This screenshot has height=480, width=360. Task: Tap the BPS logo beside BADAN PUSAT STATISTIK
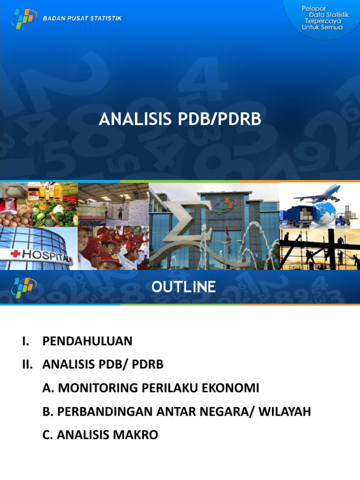pos(24,18)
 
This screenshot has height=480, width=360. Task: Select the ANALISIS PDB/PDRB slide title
pos(180,120)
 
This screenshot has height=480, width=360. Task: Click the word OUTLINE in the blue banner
pos(183,286)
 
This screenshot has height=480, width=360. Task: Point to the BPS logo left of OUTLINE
pos(24,286)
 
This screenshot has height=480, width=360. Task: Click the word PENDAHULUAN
pos(87,341)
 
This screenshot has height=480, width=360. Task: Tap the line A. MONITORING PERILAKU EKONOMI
pos(150,388)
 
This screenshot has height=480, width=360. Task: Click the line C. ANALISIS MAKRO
pos(100,435)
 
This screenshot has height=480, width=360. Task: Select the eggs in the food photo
pos(14,217)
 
